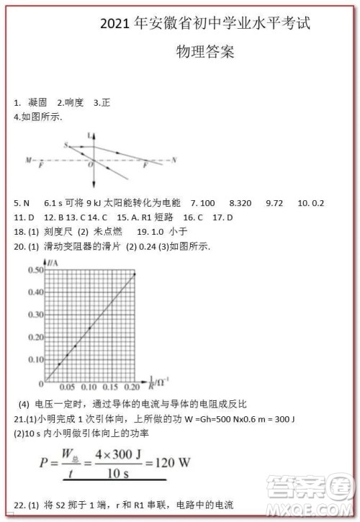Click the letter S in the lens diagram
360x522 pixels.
(66, 145)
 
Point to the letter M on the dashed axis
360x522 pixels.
(28, 159)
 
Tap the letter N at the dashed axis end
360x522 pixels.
(174, 158)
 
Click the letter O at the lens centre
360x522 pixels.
(90, 166)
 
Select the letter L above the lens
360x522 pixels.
(89, 135)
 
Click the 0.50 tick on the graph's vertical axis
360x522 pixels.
(35, 270)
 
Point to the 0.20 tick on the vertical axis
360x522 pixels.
(35, 336)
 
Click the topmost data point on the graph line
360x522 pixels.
(135, 274)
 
